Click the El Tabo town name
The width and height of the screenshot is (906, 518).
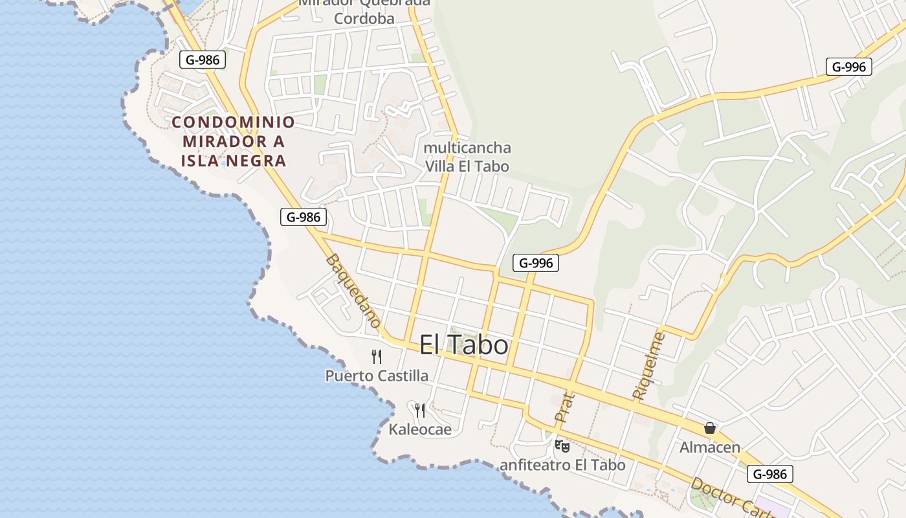coord(463,345)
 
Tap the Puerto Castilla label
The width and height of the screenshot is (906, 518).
coord(377,376)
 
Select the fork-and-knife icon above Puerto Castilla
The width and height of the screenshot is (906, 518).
coord(377,356)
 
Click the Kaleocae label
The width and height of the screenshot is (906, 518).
coord(420,429)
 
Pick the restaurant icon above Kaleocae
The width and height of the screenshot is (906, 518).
coord(420,410)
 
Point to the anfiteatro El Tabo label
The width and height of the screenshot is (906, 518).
coord(562,465)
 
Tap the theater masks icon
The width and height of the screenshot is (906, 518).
coord(562,446)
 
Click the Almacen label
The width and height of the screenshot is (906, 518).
coord(710,447)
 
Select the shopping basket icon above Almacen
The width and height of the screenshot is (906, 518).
coord(710,428)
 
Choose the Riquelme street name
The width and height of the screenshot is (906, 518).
coord(649,365)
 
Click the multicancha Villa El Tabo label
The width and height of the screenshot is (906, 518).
coord(467,157)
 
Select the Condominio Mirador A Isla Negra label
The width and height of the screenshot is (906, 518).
coord(234,141)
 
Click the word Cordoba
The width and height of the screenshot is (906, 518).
coord(364,18)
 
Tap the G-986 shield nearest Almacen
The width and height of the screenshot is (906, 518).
coord(770,474)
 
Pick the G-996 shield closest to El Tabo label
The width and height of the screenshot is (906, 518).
coord(536,263)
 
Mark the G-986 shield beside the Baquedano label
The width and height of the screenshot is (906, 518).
coord(304,217)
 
